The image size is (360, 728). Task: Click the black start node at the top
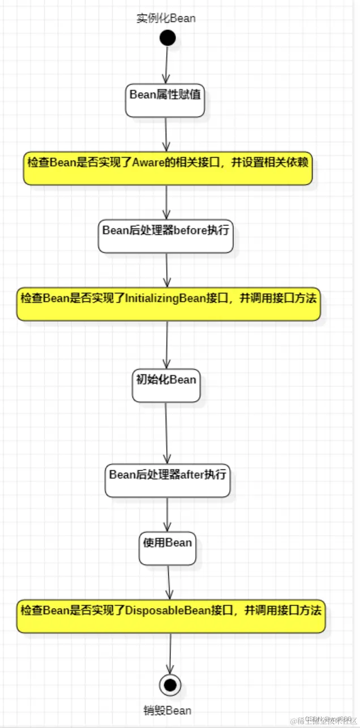168,38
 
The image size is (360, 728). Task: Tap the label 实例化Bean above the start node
166,18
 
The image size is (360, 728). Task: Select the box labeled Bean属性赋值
165,100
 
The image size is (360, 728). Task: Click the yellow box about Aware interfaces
168,167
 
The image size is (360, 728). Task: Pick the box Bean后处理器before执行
165,236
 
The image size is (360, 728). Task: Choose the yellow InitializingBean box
168,304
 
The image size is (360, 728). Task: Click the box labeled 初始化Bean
166,385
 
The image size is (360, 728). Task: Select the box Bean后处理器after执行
168,480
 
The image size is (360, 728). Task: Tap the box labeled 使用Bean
168,548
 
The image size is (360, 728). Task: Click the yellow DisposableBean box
171,616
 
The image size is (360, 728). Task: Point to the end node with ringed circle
170,685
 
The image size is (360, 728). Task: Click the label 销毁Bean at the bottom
167,710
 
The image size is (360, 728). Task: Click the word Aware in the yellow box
149,162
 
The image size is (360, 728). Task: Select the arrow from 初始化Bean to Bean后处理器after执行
166,433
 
